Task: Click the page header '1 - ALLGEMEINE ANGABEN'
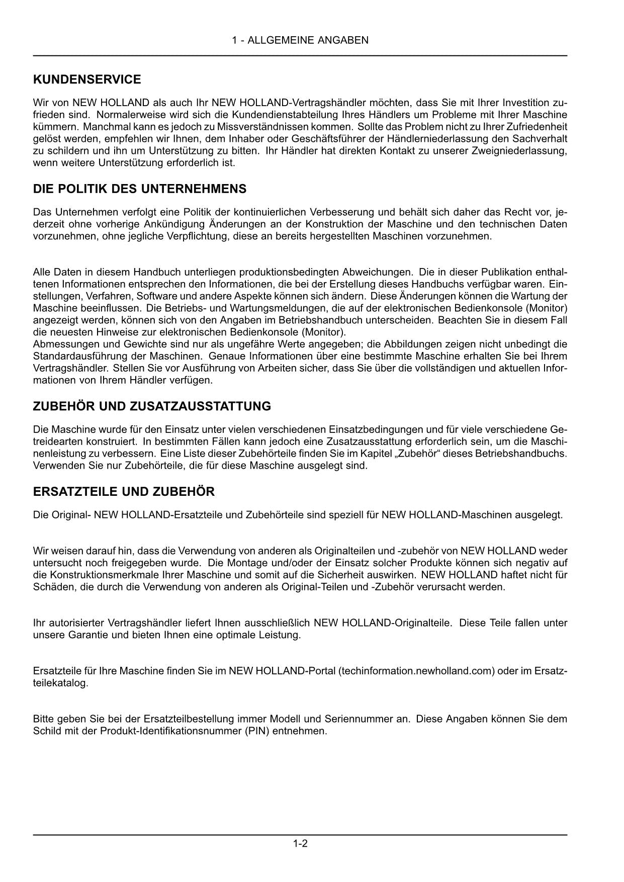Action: pyautogui.click(x=300, y=40)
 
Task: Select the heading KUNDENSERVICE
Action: pyautogui.click(x=87, y=79)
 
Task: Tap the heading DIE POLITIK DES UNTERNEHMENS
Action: pyautogui.click(x=140, y=189)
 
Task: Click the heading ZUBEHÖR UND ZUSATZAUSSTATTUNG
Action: pyautogui.click(x=152, y=406)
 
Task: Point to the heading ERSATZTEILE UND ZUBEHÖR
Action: pyautogui.click(x=124, y=492)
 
